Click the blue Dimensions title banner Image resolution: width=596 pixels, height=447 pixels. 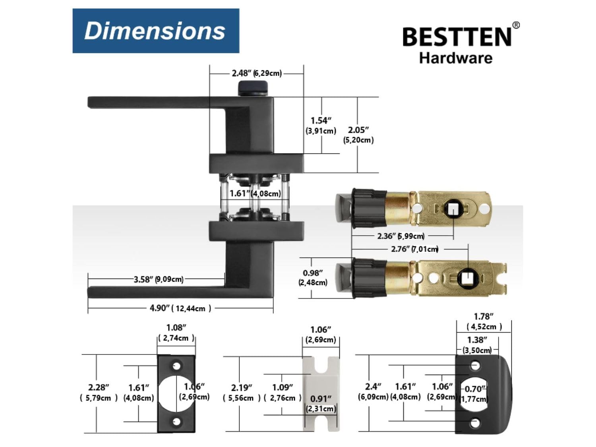pyautogui.click(x=156, y=31)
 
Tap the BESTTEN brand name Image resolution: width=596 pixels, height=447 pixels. pyautogui.click(x=457, y=37)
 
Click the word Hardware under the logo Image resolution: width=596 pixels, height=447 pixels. pyautogui.click(x=456, y=58)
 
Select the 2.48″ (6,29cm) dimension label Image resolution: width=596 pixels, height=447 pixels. pyautogui.click(x=257, y=73)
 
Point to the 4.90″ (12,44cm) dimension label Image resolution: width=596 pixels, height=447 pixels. pyautogui.click(x=180, y=308)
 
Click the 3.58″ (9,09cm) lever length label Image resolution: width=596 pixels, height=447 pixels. pyautogui.click(x=159, y=279)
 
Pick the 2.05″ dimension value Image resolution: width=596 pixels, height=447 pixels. pyautogui.click(x=358, y=130)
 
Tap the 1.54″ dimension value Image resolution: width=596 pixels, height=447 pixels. pyautogui.click(x=321, y=120)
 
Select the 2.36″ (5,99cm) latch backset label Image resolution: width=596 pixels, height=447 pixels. pyautogui.click(x=401, y=236)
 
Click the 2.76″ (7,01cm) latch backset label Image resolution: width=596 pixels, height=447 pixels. pyautogui.click(x=415, y=249)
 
